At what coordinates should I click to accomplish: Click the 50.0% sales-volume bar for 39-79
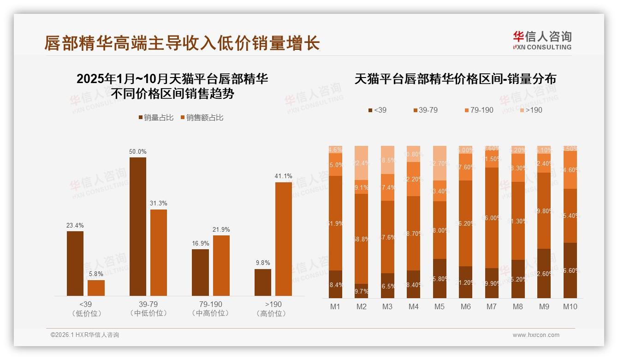pyautogui.click(x=137, y=226)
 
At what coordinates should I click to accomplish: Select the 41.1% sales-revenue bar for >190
pyautogui.click(x=283, y=239)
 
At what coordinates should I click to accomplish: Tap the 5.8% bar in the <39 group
pyautogui.click(x=96, y=288)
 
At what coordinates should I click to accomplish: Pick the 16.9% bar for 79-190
pyautogui.click(x=200, y=272)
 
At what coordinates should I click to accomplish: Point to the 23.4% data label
pyautogui.click(x=75, y=226)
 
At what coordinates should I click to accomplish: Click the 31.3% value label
pyautogui.click(x=158, y=204)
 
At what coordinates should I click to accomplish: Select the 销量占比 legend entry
pyautogui.click(x=156, y=118)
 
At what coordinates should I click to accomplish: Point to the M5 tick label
pyautogui.click(x=439, y=306)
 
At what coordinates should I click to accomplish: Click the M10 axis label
pyautogui.click(x=570, y=306)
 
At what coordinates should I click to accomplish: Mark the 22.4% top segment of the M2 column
pyautogui.click(x=362, y=162)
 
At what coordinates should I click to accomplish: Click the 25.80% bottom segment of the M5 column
pyautogui.click(x=440, y=278)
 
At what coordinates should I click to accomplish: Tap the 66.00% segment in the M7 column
pyautogui.click(x=492, y=218)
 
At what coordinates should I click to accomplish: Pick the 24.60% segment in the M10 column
pyautogui.click(x=570, y=170)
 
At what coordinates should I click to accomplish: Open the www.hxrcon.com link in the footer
pyautogui.click(x=536, y=335)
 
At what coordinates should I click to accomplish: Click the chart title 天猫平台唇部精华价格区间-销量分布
pyautogui.click(x=455, y=79)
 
